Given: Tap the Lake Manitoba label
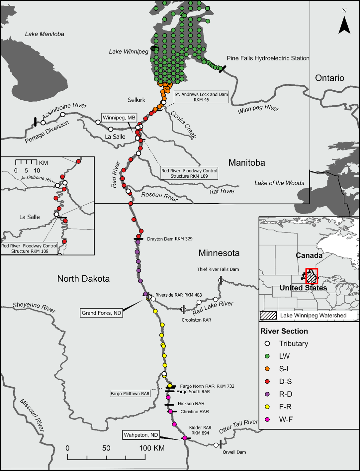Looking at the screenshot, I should (45, 34).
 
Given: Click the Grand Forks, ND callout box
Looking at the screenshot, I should (101, 313).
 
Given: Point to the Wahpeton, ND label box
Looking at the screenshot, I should (141, 435).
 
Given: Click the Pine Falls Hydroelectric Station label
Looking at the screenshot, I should (268, 58).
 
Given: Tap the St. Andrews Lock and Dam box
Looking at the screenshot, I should (201, 97).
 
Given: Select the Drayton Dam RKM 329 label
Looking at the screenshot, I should (170, 239).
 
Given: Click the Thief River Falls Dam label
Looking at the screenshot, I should (218, 269).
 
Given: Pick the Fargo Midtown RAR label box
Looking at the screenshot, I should (130, 394).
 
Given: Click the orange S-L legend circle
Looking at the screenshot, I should (267, 369).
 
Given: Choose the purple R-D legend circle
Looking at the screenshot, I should (267, 394).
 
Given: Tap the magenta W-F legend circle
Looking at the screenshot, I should (267, 419).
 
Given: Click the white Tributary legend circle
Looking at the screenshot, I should (267, 343).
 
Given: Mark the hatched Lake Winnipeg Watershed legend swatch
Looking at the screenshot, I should (268, 315).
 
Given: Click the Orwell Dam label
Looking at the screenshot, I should (234, 452).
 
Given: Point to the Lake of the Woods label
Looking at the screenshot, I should (279, 183).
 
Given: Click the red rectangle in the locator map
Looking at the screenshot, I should (312, 276).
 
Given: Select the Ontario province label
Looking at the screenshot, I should (329, 78).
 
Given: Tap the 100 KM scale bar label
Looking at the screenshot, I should (152, 448).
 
